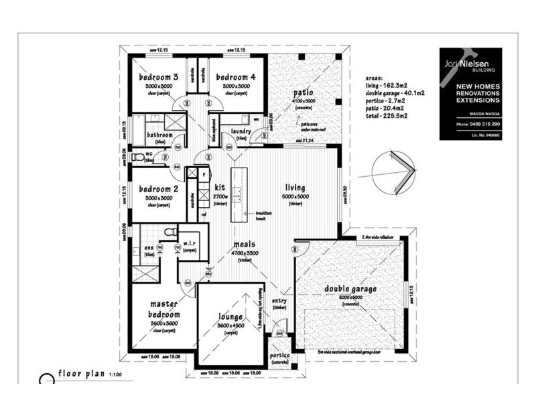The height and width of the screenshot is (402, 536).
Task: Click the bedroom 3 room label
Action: (158, 77)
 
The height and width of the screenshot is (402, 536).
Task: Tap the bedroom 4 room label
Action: (235, 77)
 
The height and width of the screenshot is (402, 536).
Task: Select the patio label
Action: (303, 92)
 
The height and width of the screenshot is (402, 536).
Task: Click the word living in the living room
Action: (295, 188)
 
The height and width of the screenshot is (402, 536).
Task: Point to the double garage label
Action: (350, 289)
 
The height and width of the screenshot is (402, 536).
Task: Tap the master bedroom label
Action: (164, 309)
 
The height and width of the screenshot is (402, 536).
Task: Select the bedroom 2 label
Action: (158, 189)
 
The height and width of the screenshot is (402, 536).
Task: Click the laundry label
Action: (240, 131)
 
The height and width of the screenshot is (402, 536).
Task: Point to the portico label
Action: (279, 355)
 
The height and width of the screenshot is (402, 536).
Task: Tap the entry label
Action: (279, 301)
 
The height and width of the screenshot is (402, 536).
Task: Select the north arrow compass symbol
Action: (396, 172)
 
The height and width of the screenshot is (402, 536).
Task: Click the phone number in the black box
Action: (470, 125)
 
